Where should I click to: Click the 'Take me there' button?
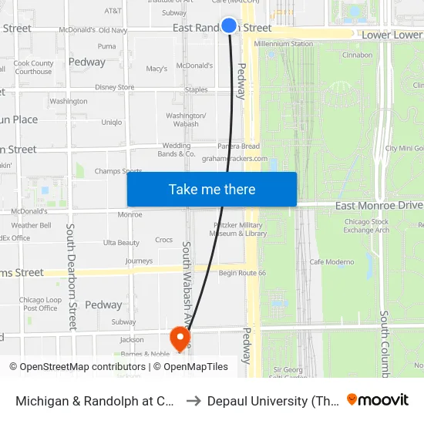(x=212, y=190)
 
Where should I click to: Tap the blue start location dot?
(x=229, y=25)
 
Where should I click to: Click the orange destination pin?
(x=180, y=337)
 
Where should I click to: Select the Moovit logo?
(x=378, y=399)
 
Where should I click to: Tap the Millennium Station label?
(x=284, y=44)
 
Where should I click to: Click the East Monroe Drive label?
(x=379, y=206)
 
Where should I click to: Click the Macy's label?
(x=156, y=69)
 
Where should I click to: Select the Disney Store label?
(x=115, y=88)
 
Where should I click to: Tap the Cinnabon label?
(x=357, y=56)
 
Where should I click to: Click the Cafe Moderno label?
(x=331, y=262)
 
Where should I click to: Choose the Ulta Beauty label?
(x=121, y=243)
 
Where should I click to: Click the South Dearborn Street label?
(x=71, y=276)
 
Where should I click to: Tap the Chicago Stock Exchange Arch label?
(x=366, y=226)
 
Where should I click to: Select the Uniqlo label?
(x=112, y=122)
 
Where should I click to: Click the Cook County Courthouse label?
(x=33, y=68)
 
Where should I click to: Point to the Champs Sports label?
(x=118, y=171)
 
